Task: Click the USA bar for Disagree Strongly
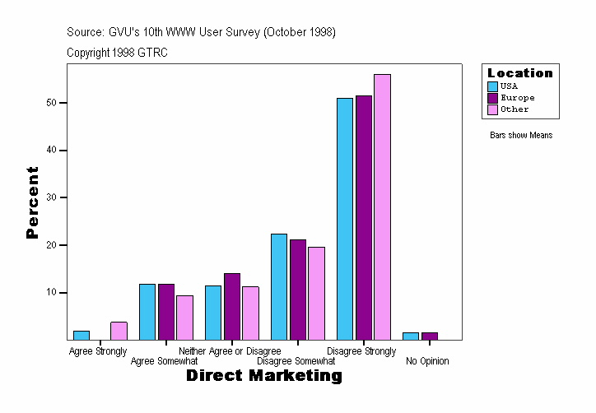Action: coord(344,219)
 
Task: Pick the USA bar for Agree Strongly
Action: coord(81,336)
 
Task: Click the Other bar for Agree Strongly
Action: coord(119,331)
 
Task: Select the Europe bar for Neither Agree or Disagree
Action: coord(232,306)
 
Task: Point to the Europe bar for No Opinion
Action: coord(430,336)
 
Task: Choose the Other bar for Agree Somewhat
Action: coord(184,318)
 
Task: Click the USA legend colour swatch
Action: coord(492,86)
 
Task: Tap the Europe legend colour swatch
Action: coord(492,98)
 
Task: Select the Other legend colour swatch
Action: coord(492,109)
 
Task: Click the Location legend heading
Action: coord(520,73)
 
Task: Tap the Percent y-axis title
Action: coord(32,202)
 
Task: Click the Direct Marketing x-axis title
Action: coord(263,376)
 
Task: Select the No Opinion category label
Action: coord(427,361)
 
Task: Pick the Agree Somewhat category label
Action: coord(165,361)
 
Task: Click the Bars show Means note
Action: coord(521,136)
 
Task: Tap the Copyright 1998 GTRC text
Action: coord(118,53)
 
